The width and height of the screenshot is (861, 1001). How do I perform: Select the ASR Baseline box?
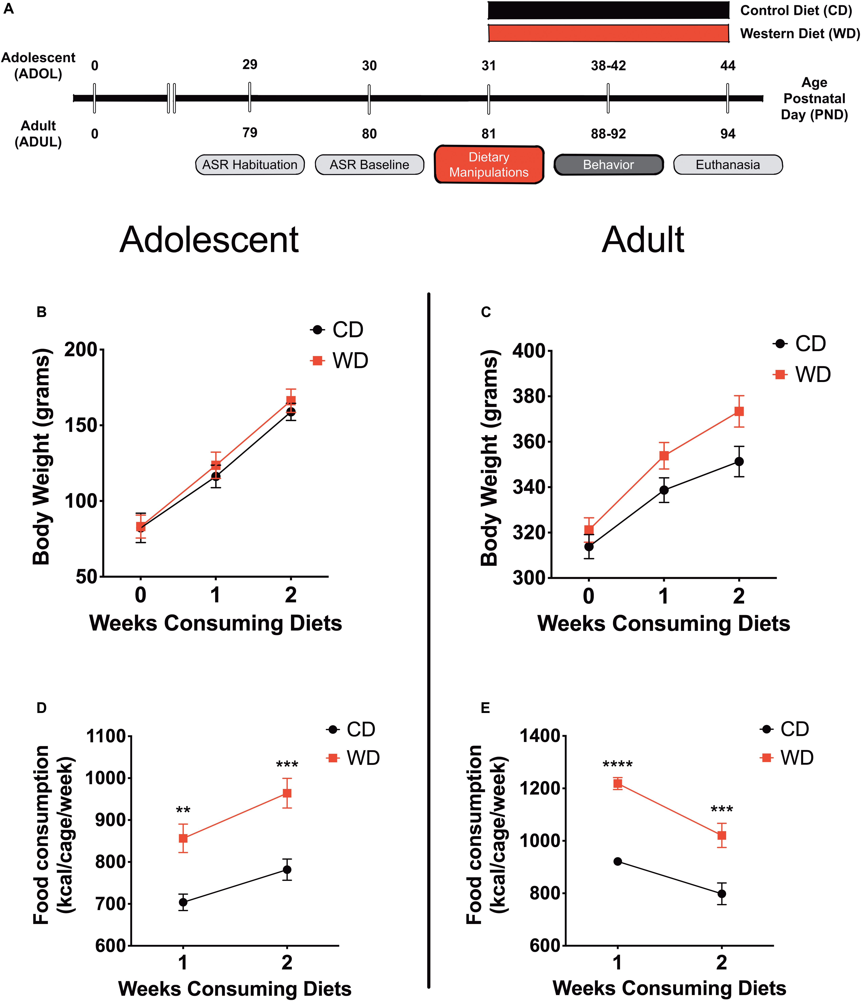369,165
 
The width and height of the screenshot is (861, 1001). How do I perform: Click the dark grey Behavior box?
608,165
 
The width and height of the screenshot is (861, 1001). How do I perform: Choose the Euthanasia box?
728,165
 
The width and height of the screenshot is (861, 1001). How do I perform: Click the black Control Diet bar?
608,10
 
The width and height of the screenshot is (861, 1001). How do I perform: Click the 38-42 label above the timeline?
608,66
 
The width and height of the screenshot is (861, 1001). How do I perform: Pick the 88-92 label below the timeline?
608,134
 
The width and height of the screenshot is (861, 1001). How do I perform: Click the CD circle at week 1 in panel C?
664,490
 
